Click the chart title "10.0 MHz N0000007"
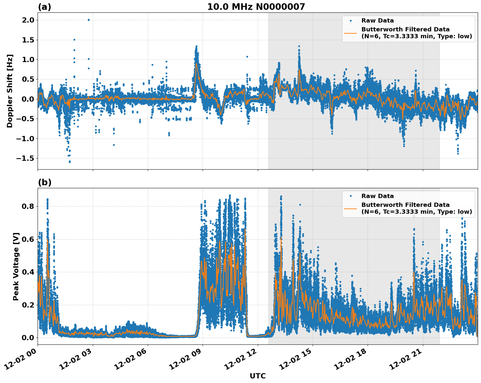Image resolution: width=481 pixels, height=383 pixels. tap(256, 7)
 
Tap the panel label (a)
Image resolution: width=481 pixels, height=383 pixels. tap(44, 7)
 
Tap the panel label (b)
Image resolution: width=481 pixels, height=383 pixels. tap(44, 182)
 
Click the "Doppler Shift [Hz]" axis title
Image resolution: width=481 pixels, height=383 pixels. tap(10, 91)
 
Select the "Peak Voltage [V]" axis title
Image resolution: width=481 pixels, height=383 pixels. tap(16, 266)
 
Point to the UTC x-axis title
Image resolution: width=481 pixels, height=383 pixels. tap(257, 376)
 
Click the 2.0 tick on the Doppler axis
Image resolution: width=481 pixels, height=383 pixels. tap(29, 20)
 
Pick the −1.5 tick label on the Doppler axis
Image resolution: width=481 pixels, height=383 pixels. tap(26, 158)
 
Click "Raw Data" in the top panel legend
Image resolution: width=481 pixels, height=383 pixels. tap(377, 21)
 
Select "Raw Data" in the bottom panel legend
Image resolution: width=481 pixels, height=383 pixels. tap(377, 196)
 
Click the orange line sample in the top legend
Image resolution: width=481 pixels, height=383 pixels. tap(350, 33)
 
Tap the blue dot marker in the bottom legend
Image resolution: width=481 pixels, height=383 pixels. tap(350, 196)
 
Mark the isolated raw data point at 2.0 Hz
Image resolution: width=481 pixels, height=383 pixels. tap(89, 20)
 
